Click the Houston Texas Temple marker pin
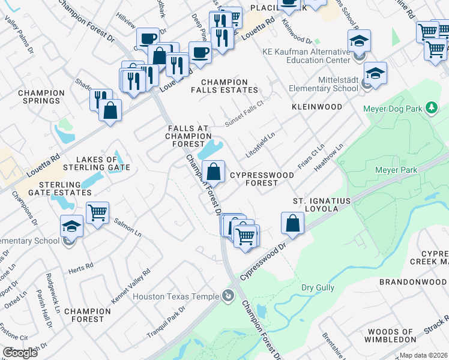tap(228, 295)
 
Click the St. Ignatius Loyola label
tap(324, 204)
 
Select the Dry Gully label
tap(318, 288)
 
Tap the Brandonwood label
tap(414, 281)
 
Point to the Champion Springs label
tap(41, 97)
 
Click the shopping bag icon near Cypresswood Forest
tap(214, 172)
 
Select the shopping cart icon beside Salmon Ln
tap(97, 212)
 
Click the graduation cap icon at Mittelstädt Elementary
tap(376, 73)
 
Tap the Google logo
tap(20, 353)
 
